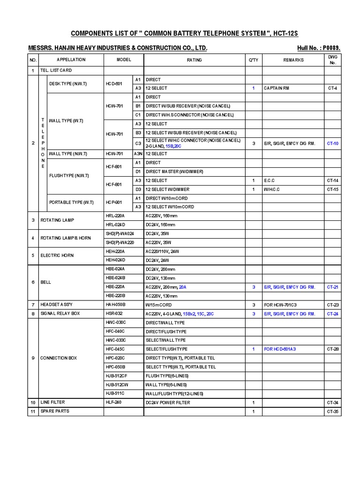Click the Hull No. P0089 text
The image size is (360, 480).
click(319, 48)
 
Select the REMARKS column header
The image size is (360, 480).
click(293, 60)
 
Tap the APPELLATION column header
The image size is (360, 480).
click(71, 60)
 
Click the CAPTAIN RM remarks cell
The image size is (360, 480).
click(278, 88)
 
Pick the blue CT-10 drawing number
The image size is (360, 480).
click(333, 143)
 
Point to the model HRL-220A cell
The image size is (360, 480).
click(115, 216)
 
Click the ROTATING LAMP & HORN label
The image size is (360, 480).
click(66, 238)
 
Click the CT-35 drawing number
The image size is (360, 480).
click(333, 412)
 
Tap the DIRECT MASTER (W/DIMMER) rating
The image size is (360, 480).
click(174, 172)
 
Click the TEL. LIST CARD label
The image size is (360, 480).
click(56, 70)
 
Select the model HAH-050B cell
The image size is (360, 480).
click(115, 305)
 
